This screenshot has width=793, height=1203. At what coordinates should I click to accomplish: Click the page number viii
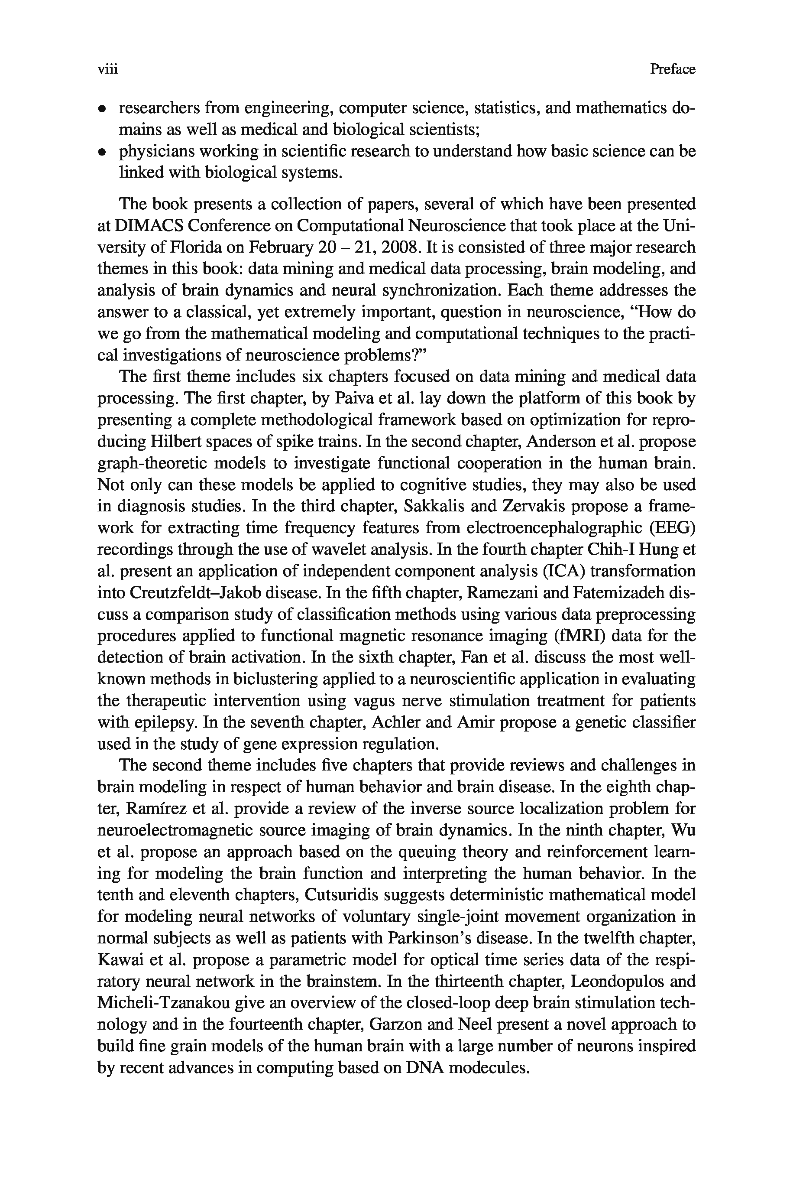click(x=107, y=69)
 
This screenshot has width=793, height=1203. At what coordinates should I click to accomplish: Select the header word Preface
click(x=672, y=69)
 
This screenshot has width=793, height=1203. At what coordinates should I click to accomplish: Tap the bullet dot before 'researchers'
click(x=102, y=109)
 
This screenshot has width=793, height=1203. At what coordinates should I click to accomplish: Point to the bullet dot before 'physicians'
click(x=102, y=152)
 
